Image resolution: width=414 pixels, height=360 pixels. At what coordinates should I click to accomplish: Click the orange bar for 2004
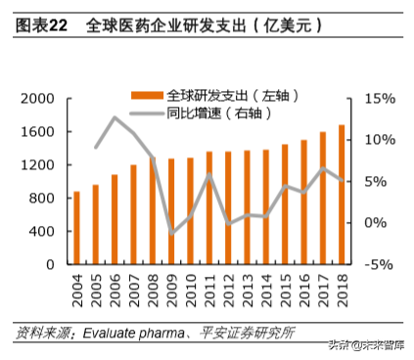[76, 228]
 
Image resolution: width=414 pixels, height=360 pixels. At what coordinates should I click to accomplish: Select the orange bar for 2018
[342, 195]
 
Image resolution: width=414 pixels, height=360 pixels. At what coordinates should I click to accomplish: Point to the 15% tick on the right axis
[377, 99]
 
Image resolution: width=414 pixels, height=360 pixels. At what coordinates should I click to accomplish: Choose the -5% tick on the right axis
[377, 265]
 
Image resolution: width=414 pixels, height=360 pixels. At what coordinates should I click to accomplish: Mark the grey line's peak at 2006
[115, 117]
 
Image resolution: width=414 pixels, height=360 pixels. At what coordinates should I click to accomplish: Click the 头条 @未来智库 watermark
[367, 344]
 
